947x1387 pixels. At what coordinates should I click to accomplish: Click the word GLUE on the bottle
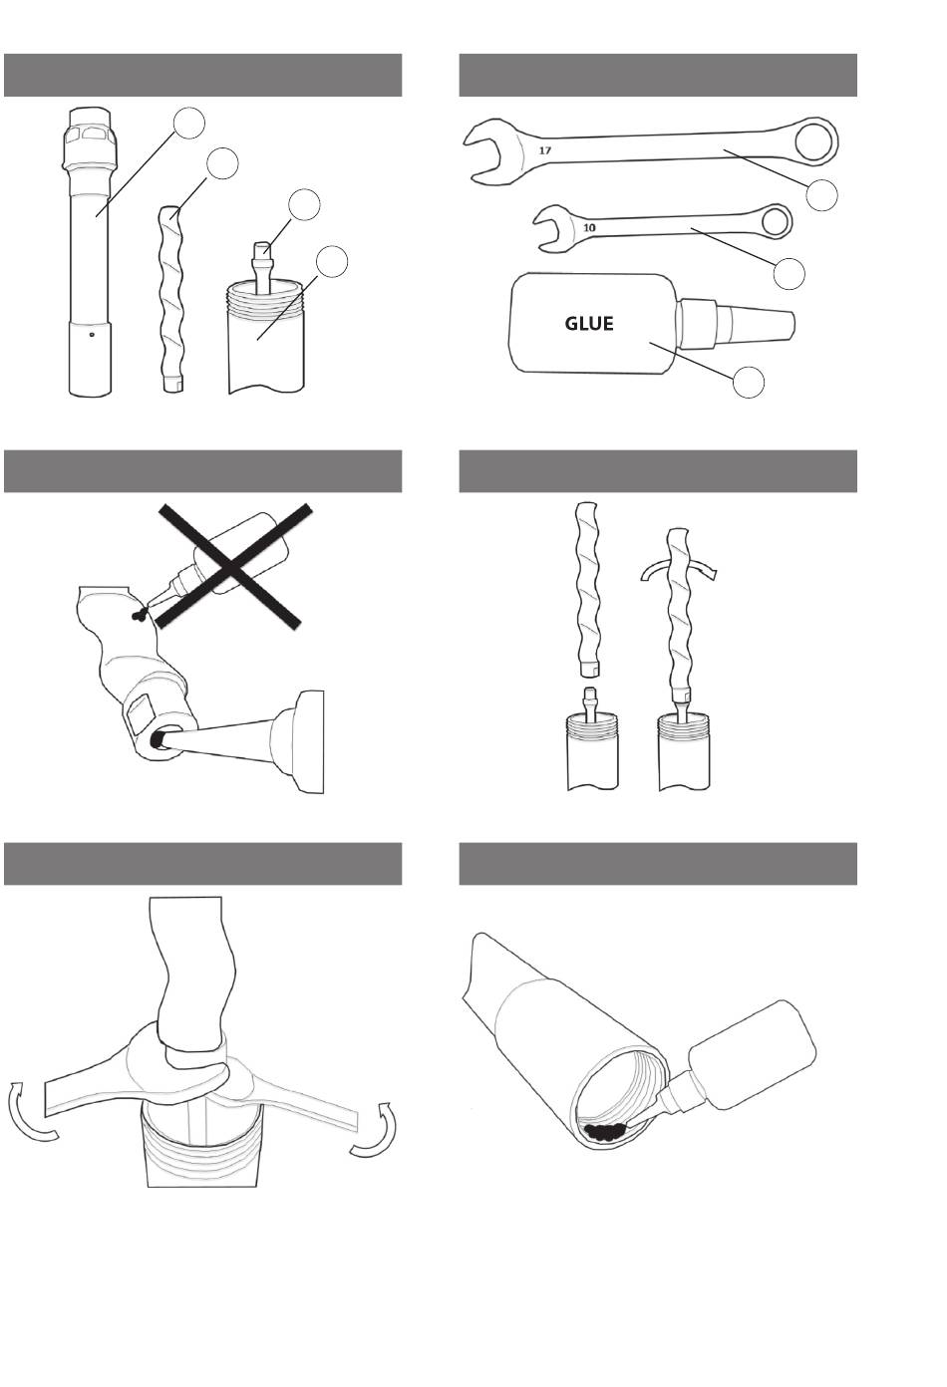(589, 323)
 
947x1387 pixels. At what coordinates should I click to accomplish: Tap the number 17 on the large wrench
(545, 150)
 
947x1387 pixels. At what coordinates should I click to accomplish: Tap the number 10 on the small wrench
(589, 227)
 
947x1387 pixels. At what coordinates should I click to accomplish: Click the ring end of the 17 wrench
(815, 141)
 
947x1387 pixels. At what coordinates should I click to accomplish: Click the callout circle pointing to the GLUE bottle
(749, 382)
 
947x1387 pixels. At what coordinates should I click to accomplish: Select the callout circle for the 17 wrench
(821, 195)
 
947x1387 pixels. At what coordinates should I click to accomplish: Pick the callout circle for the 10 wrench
(789, 274)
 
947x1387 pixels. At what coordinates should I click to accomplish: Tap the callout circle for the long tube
(188, 124)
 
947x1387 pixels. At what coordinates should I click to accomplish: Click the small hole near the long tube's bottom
(91, 335)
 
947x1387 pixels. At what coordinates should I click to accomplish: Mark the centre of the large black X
(233, 565)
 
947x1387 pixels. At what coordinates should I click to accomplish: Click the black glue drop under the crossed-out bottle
(139, 615)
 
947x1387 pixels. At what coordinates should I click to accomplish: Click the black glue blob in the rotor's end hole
(158, 738)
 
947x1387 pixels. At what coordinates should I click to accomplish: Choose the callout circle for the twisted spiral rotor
(221, 162)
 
